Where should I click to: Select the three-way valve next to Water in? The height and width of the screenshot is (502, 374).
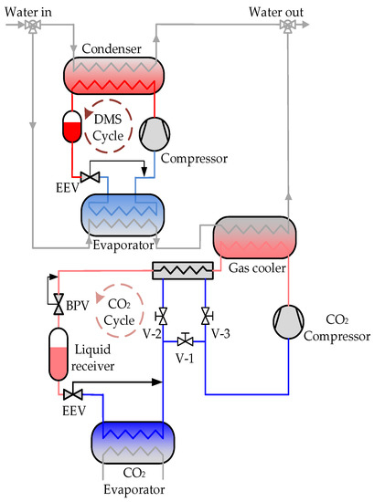pos(33,28)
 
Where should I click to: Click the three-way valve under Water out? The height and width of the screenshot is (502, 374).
pos(287,28)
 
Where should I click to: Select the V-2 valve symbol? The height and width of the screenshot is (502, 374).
pos(163,317)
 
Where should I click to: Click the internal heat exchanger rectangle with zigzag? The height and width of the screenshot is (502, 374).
pos(183,270)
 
